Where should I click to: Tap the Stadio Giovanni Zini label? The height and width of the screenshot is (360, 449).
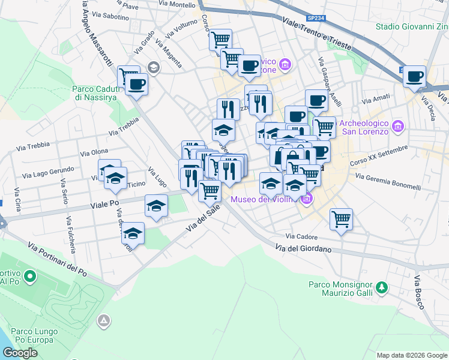tap(412, 26)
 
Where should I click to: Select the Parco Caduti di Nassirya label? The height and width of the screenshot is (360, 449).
tap(97, 94)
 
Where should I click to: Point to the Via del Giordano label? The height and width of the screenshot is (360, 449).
tap(303, 248)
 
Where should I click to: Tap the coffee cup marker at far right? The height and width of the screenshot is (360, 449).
tap(414, 76)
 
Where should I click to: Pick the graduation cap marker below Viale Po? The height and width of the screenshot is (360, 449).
tap(134, 233)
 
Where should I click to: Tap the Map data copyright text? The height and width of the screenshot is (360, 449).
tap(411, 355)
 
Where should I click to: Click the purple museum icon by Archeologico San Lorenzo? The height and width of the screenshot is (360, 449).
tap(397, 127)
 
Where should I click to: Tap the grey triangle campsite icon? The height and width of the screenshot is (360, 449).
tap(104, 322)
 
